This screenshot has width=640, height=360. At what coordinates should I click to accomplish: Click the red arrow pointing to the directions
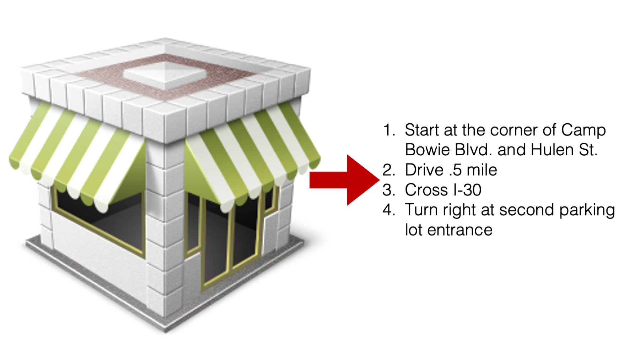point(344,180)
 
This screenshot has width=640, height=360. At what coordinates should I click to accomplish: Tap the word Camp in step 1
point(583,130)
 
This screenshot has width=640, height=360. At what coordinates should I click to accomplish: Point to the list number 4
point(389,210)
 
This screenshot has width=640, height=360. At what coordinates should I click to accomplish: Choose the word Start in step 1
point(422,130)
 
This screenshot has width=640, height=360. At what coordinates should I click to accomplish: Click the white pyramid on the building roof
point(165,75)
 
